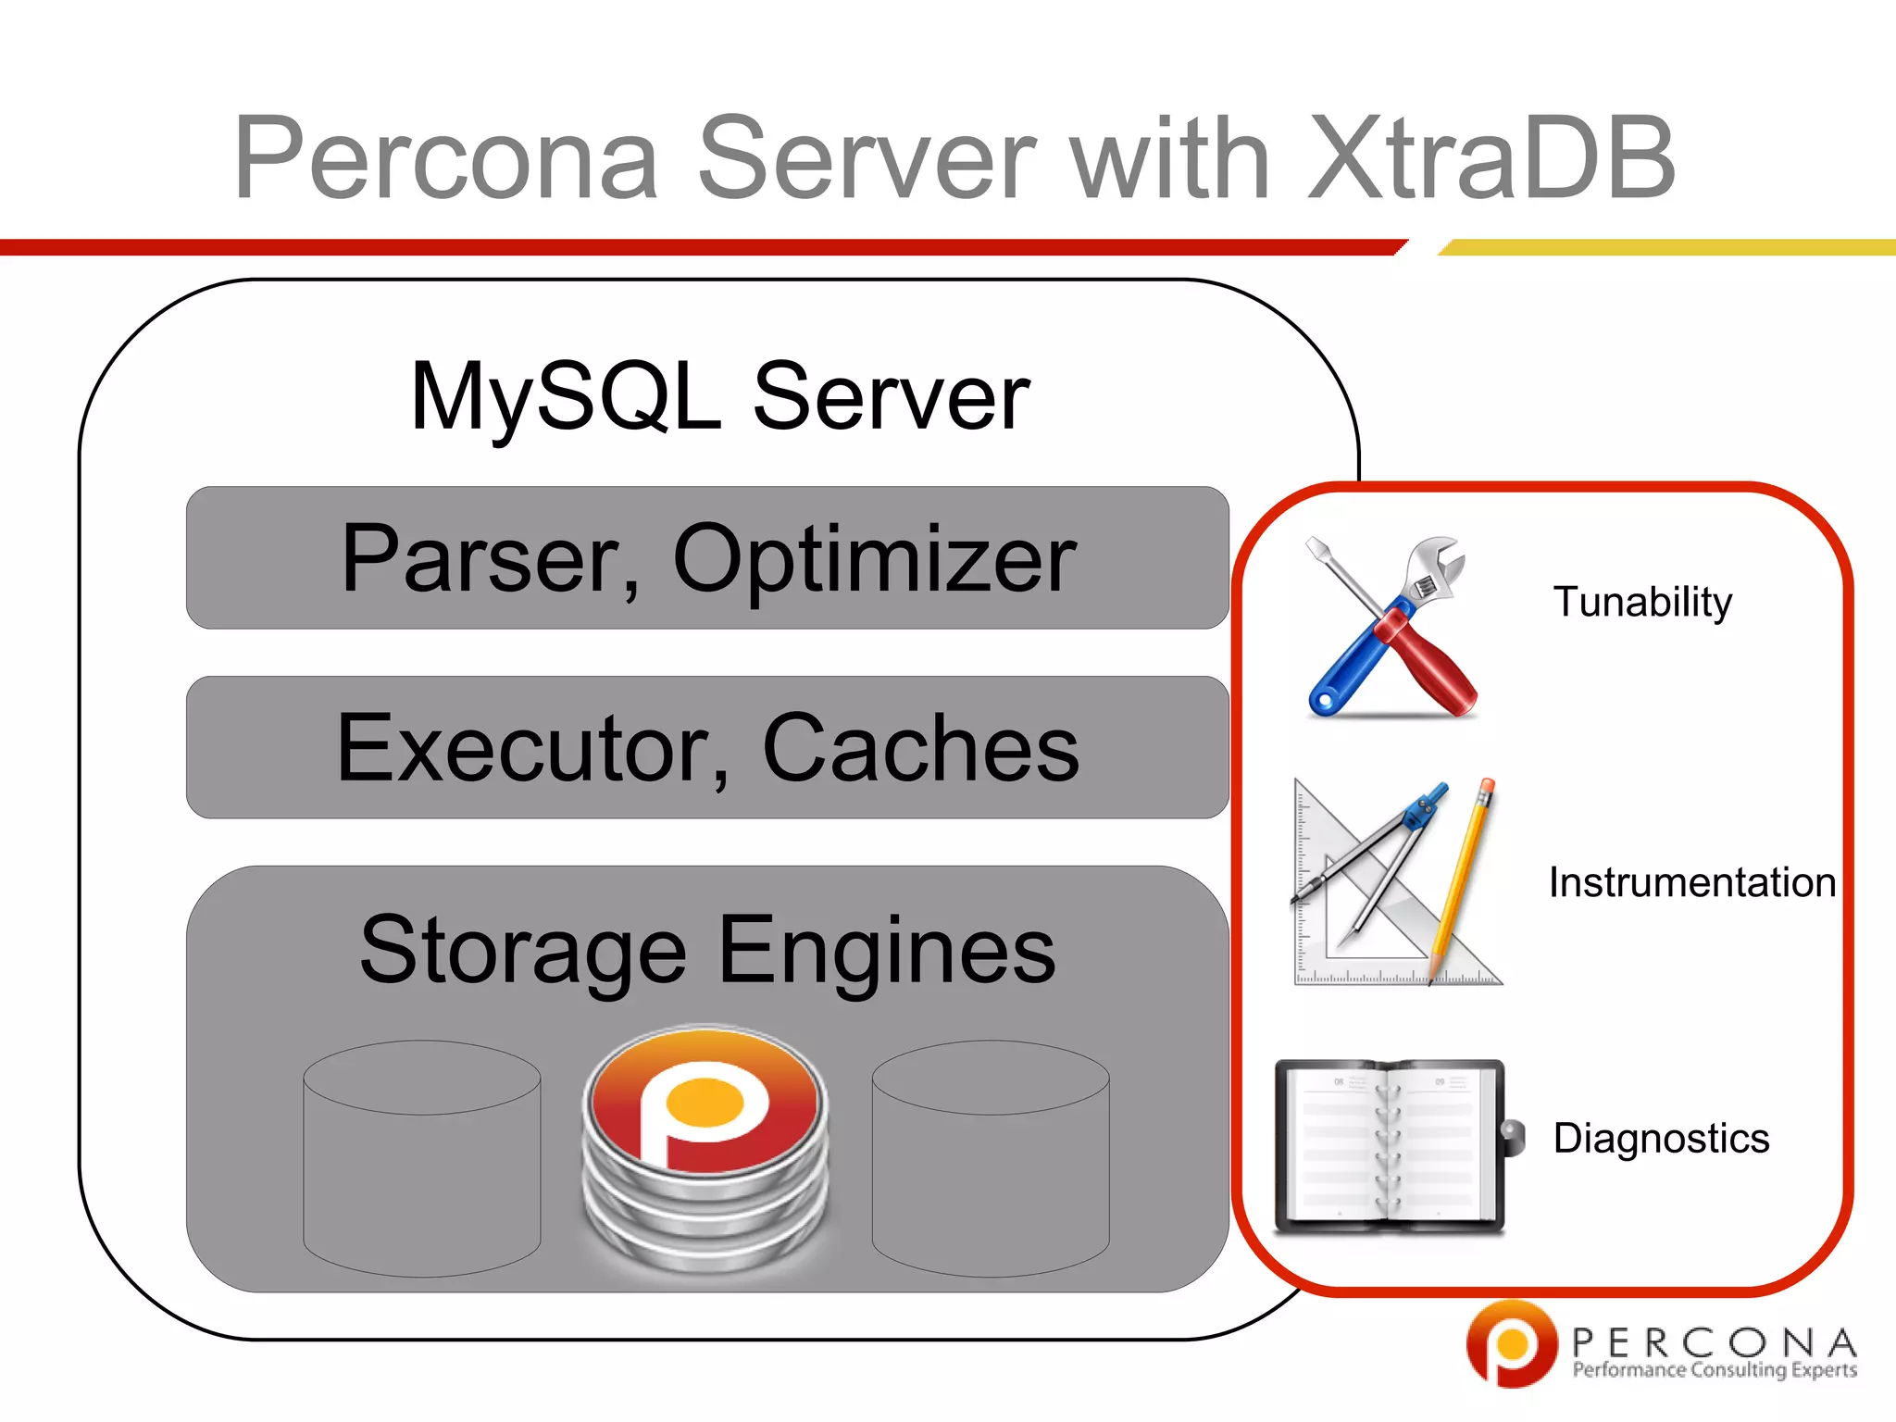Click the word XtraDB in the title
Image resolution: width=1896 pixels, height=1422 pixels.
tap(1491, 159)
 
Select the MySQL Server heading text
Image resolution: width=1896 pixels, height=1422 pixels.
tap(720, 396)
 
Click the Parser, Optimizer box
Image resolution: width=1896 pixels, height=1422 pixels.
tap(707, 558)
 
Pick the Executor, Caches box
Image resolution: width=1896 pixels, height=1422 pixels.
tap(707, 748)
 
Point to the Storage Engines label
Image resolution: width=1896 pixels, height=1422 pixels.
tap(707, 950)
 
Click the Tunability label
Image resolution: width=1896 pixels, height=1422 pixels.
tap(1642, 602)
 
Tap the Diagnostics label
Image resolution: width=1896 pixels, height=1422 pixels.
tap(1661, 1138)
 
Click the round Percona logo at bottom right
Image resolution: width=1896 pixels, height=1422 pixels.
tap(1511, 1343)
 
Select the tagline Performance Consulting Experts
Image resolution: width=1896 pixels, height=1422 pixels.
tap(1715, 1370)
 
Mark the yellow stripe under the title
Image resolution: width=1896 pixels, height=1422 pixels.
tap(1666, 247)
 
